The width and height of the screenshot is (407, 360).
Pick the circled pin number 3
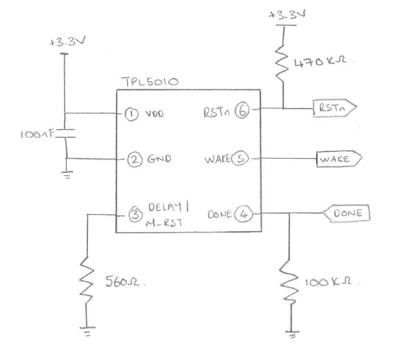coord(136,213)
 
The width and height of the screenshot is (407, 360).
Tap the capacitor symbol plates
coord(66,132)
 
